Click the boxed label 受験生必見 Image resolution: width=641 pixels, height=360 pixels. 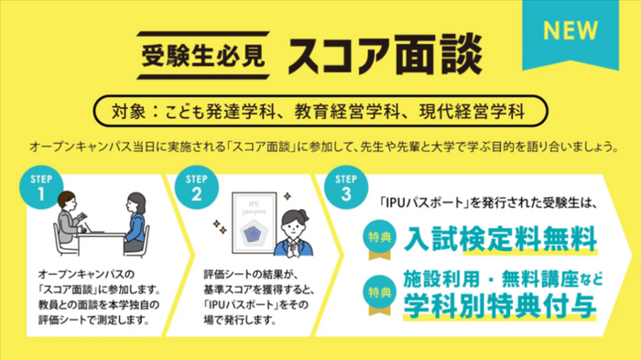[x=202, y=55]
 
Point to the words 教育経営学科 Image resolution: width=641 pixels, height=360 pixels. [x=352, y=113]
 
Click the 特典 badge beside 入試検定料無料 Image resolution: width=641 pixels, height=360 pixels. [x=380, y=235]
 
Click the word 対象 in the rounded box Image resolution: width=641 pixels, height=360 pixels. [x=128, y=113]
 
